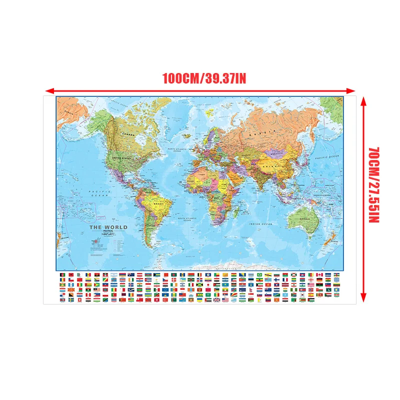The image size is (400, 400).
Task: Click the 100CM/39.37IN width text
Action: click(x=204, y=78)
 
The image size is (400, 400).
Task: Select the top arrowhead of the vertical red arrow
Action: click(x=364, y=98)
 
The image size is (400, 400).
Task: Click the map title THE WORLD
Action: click(x=108, y=227)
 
